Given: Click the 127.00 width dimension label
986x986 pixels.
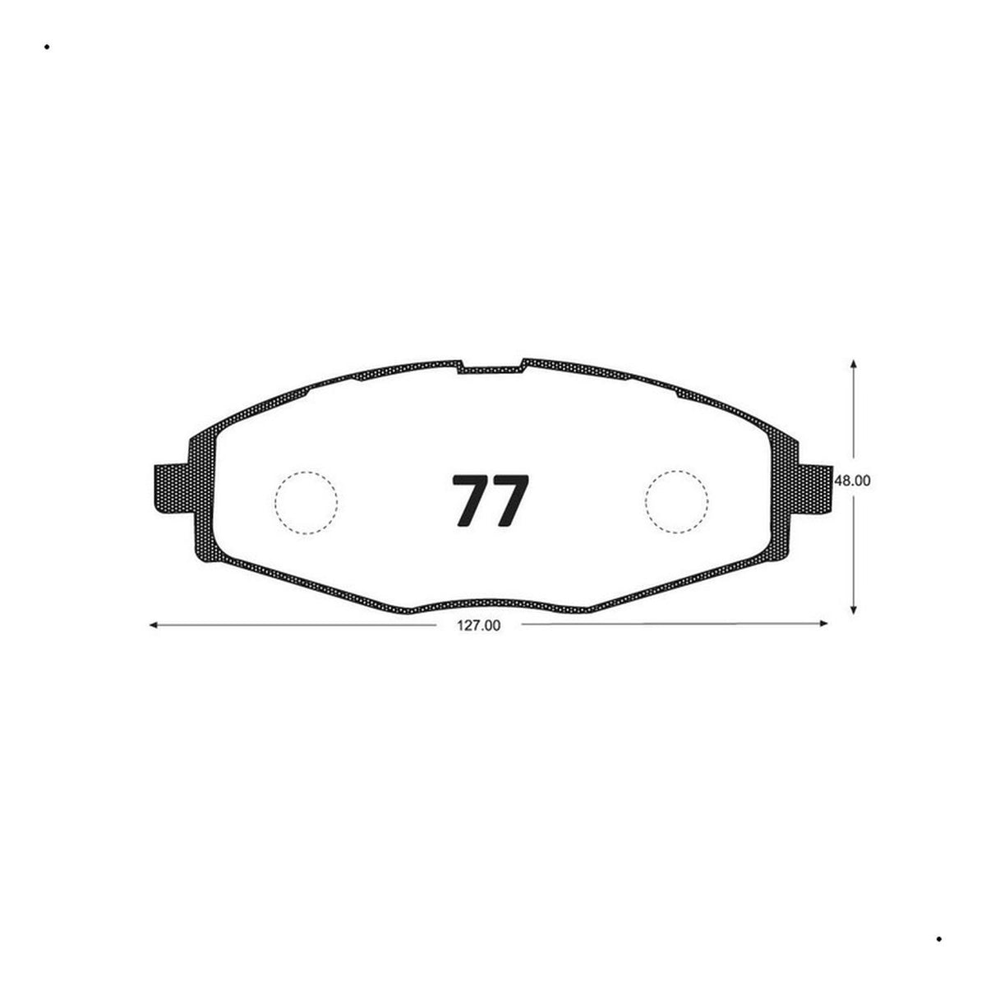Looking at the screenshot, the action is [478, 626].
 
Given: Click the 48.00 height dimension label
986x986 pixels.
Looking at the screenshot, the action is [852, 481].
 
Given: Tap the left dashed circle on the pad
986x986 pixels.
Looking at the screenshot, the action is [306, 503].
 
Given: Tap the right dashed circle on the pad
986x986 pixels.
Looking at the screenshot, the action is [676, 501].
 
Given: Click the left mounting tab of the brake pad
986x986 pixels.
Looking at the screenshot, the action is [173, 488].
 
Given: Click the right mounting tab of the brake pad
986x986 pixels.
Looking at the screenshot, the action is [813, 488].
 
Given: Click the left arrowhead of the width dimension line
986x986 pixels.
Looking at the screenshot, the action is [153, 625].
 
